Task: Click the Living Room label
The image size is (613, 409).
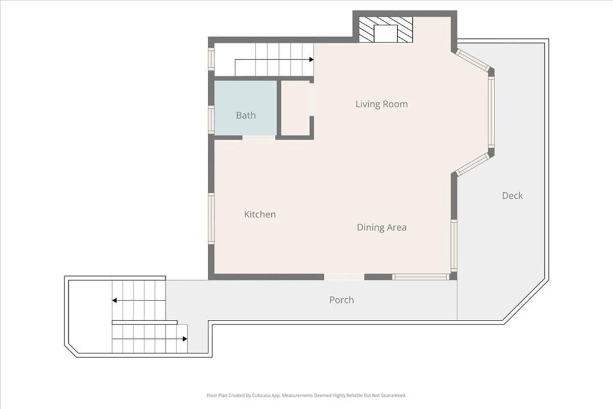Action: coord(381,104)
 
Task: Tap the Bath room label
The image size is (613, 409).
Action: coord(246,116)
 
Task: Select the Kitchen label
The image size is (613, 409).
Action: coord(260,214)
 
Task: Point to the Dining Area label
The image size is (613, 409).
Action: coord(381,227)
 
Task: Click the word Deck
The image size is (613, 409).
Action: coord(512,195)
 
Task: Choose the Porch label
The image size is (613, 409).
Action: coord(342,300)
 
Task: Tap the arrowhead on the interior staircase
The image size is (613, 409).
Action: coord(311,60)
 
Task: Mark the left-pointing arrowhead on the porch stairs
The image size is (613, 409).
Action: coord(114,300)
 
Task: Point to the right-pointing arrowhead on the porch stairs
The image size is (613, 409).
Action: coord(185,338)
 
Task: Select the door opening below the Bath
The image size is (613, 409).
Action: coord(259,137)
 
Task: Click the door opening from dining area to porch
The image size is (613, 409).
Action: coord(344,277)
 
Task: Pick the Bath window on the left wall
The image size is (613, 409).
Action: coord(211,120)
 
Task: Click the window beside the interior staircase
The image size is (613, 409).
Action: coord(211,59)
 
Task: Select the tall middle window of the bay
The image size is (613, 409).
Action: coord(491,112)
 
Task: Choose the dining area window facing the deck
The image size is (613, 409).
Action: coord(454,246)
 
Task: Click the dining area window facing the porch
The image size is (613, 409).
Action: coord(421,277)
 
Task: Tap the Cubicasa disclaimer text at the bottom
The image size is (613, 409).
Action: coord(306,395)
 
